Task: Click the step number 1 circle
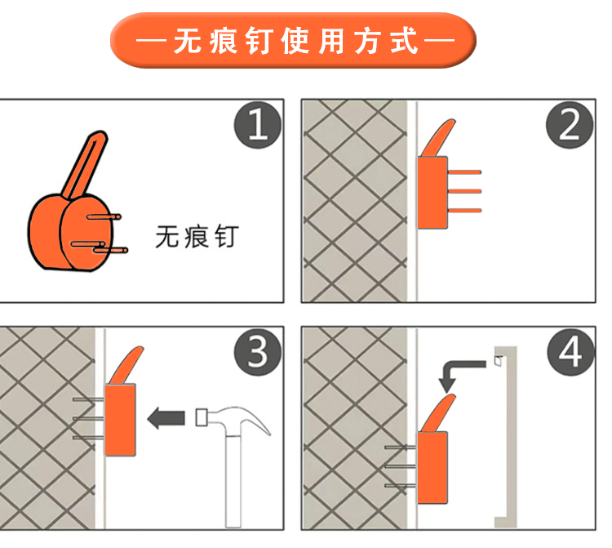pos(258,125)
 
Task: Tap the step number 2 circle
pos(570,125)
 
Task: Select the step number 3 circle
pos(258,352)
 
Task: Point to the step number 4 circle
pos(570,352)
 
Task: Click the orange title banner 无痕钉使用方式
pos(293,40)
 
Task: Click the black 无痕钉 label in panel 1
pos(197,237)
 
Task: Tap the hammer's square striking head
pos(202,417)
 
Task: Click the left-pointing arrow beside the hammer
pos(166,418)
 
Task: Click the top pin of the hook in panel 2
pos(464,172)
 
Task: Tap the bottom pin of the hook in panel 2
pos(464,211)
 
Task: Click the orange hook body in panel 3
pos(120,420)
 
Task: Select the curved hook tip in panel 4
pos(439,413)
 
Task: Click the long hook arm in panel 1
pos(85,165)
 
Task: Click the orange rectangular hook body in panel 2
pos(432,193)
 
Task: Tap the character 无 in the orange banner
pos(188,41)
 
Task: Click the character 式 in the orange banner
pos(405,40)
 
